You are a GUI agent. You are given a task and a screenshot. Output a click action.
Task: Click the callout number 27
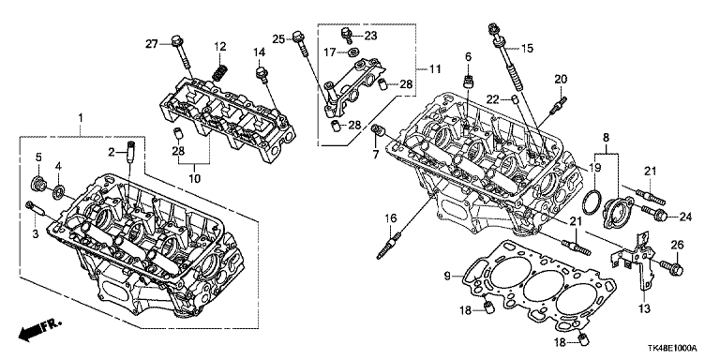pos(152,44)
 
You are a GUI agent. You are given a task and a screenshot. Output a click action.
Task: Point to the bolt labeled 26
pos(672,268)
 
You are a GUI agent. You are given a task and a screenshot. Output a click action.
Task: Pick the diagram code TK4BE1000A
pos(674,349)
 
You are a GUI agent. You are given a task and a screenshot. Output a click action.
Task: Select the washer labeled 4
pos(59,191)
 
